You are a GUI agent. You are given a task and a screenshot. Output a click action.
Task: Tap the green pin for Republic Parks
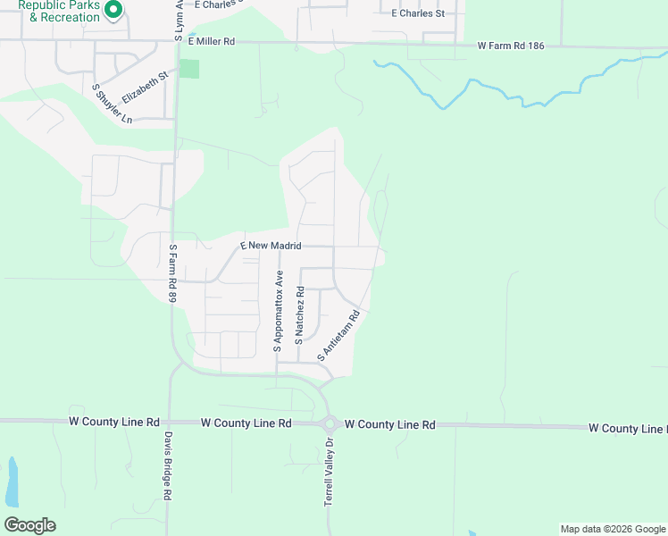113,10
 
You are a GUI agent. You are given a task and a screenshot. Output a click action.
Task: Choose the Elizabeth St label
146,90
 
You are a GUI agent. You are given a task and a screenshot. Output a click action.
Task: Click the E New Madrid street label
272,245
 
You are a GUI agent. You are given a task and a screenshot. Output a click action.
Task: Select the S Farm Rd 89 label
173,273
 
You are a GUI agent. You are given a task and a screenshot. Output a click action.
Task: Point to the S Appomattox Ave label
279,310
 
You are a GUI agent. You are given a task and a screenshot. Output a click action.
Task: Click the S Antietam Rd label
338,336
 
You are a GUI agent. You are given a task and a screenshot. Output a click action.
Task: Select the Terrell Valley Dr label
328,473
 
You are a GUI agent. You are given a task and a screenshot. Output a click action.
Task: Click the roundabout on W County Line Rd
329,423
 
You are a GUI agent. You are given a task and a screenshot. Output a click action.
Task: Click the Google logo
29,525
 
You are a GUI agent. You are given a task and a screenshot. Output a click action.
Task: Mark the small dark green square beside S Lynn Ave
188,69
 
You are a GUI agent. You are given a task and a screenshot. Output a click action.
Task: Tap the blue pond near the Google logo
12,483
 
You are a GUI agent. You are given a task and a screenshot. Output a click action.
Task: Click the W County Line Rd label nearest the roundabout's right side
389,425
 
